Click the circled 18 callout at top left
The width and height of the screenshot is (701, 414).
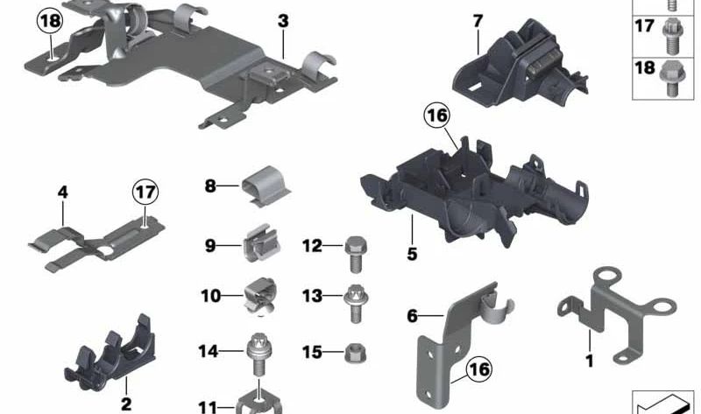(x=50, y=21)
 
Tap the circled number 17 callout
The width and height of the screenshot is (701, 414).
(x=145, y=192)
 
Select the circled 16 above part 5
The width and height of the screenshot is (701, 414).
(x=436, y=116)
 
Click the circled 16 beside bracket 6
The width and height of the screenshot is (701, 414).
(x=478, y=369)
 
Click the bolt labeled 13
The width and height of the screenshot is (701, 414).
(x=356, y=304)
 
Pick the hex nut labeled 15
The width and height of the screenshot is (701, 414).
(x=355, y=354)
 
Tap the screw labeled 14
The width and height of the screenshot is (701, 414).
(x=258, y=354)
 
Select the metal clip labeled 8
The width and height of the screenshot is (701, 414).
(x=266, y=186)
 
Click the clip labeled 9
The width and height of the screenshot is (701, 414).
(x=262, y=243)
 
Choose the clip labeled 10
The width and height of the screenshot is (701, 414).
(x=260, y=296)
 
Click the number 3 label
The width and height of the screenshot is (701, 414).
(x=283, y=21)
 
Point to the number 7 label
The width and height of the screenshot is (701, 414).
(x=478, y=20)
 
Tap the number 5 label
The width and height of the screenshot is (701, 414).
(x=412, y=254)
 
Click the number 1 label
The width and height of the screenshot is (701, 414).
(x=589, y=361)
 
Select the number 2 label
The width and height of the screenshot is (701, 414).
(x=126, y=403)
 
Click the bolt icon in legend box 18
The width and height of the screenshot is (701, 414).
(x=669, y=79)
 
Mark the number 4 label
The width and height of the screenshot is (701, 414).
(x=62, y=193)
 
